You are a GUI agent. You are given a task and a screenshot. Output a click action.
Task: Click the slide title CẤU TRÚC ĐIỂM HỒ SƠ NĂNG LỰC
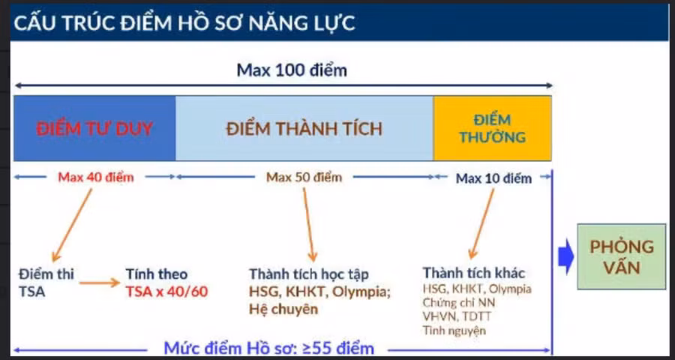(184, 22)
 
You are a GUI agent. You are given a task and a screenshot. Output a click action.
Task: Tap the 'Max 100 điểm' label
(292, 70)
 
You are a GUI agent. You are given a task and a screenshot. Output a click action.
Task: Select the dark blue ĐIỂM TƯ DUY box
(94, 128)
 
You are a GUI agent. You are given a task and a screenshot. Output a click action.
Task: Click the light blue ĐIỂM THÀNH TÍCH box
(304, 128)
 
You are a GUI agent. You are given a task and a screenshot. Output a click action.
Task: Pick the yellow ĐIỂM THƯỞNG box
(492, 128)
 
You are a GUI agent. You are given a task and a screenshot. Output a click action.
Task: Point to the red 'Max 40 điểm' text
(95, 178)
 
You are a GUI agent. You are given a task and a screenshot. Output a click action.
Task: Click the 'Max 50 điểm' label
(304, 178)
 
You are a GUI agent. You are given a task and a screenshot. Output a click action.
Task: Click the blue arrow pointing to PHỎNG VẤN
(567, 256)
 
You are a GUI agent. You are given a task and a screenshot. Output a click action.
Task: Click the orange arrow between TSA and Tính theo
(99, 283)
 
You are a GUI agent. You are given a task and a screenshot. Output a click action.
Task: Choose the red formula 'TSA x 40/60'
(166, 291)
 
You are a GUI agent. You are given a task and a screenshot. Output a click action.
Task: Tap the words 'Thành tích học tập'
(309, 274)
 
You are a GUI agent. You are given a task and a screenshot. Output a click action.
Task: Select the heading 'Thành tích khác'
(473, 272)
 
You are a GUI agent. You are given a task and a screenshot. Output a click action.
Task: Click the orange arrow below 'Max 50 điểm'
(309, 224)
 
